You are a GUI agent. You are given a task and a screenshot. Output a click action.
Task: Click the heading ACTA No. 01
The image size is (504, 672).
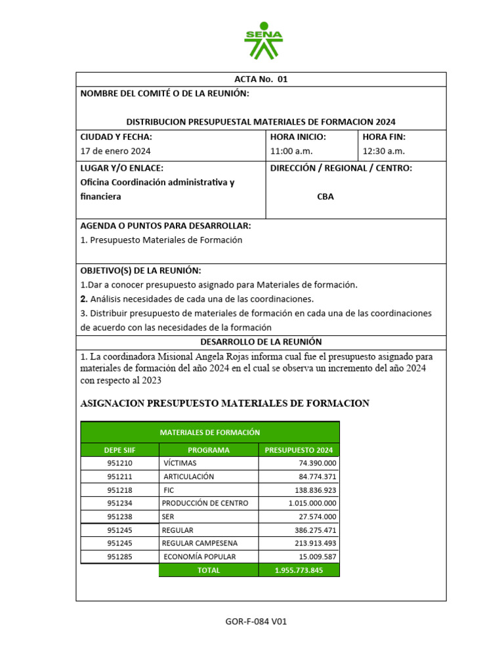pyautogui.click(x=261, y=79)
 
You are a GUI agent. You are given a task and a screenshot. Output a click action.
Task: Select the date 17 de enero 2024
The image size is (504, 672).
pyautogui.click(x=115, y=151)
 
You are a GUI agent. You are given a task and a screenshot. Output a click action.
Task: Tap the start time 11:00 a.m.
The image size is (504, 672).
pyautogui.click(x=291, y=151)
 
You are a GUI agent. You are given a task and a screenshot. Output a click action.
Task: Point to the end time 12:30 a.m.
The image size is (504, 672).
pyautogui.click(x=384, y=151)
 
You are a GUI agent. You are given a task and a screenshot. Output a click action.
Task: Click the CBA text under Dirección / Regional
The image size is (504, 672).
pyautogui.click(x=325, y=196)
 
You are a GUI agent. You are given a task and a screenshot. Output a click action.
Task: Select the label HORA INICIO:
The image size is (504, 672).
pyautogui.click(x=298, y=137)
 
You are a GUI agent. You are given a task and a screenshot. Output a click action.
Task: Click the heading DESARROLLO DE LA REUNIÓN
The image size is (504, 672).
pyautogui.click(x=261, y=342)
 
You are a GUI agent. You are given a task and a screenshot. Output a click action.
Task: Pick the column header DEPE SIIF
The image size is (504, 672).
pyautogui.click(x=119, y=450)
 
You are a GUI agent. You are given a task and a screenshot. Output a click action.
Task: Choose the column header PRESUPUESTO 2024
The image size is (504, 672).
pyautogui.click(x=299, y=450)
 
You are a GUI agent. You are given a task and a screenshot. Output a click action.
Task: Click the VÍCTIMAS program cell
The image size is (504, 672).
pyautogui.click(x=180, y=463)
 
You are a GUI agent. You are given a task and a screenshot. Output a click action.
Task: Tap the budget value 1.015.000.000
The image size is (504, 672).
pyautogui.click(x=312, y=503)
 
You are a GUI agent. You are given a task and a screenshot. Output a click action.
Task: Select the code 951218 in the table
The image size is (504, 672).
pyautogui.click(x=119, y=490)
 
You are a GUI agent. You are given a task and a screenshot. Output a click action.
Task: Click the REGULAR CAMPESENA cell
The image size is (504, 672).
pyautogui.click(x=199, y=543)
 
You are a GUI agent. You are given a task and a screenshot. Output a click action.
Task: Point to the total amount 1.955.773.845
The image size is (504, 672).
pyautogui.click(x=299, y=570)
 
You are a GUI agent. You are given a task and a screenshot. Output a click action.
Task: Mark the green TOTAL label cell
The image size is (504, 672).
pyautogui.click(x=209, y=570)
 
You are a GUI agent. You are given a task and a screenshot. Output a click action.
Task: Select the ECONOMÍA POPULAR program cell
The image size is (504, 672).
pyautogui.click(x=199, y=556)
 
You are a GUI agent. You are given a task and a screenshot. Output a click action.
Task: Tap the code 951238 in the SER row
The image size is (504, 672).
pyautogui.click(x=119, y=516)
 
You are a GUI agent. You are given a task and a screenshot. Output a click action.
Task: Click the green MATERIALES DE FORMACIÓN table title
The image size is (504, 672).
pyautogui.click(x=210, y=432)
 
